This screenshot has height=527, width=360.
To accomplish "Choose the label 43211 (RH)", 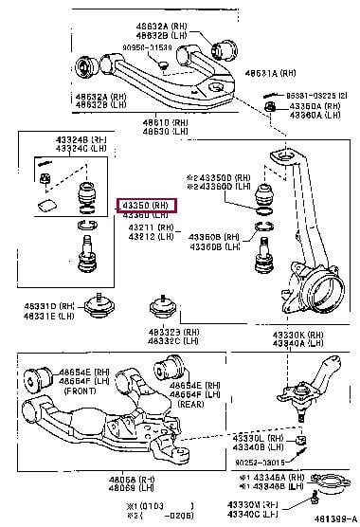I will (x=148, y=227).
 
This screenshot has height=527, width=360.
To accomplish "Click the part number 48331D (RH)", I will (x=41, y=304).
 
